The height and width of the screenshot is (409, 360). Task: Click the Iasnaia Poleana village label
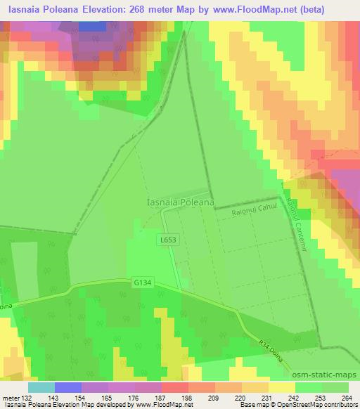[x=180, y=202]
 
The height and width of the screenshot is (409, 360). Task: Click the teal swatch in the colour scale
[x=41, y=387]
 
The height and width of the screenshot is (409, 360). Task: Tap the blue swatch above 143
[x=68, y=387]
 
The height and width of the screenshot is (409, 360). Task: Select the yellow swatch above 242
[x=281, y=387]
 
